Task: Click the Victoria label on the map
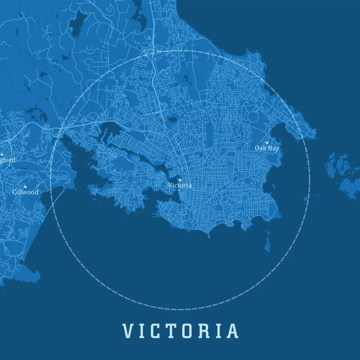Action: tap(180, 185)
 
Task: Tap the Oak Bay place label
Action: tap(267, 148)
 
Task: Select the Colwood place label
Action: tap(25, 192)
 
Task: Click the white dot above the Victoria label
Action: tap(180, 180)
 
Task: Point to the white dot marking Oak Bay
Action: tap(267, 143)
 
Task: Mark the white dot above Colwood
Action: tap(25, 187)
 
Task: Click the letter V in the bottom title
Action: tap(128, 331)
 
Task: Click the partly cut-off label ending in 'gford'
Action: tap(8, 160)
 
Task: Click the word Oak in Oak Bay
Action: tap(261, 148)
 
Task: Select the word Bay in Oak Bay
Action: tap(274, 148)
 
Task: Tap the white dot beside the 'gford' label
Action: tap(2, 154)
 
